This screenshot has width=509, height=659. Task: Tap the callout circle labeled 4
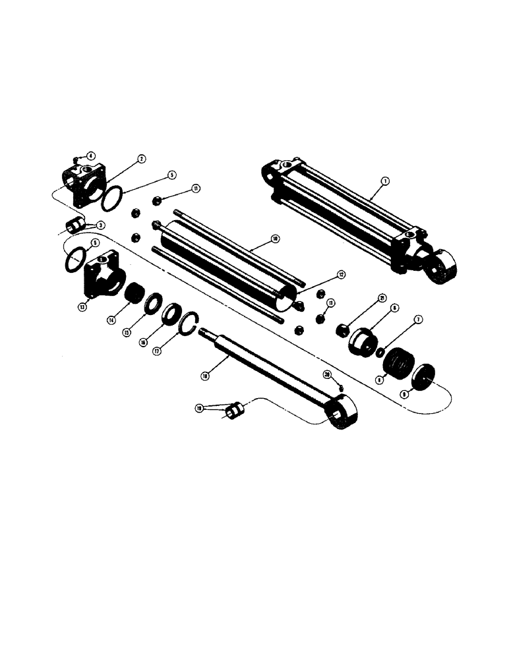coord(91,156)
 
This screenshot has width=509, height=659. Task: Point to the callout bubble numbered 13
coord(82,307)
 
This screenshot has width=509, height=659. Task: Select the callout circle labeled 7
coord(417,320)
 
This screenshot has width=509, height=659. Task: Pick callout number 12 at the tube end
coord(341,274)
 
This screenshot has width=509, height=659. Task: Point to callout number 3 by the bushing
coord(101,225)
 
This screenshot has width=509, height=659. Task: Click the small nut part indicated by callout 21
coord(343,329)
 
